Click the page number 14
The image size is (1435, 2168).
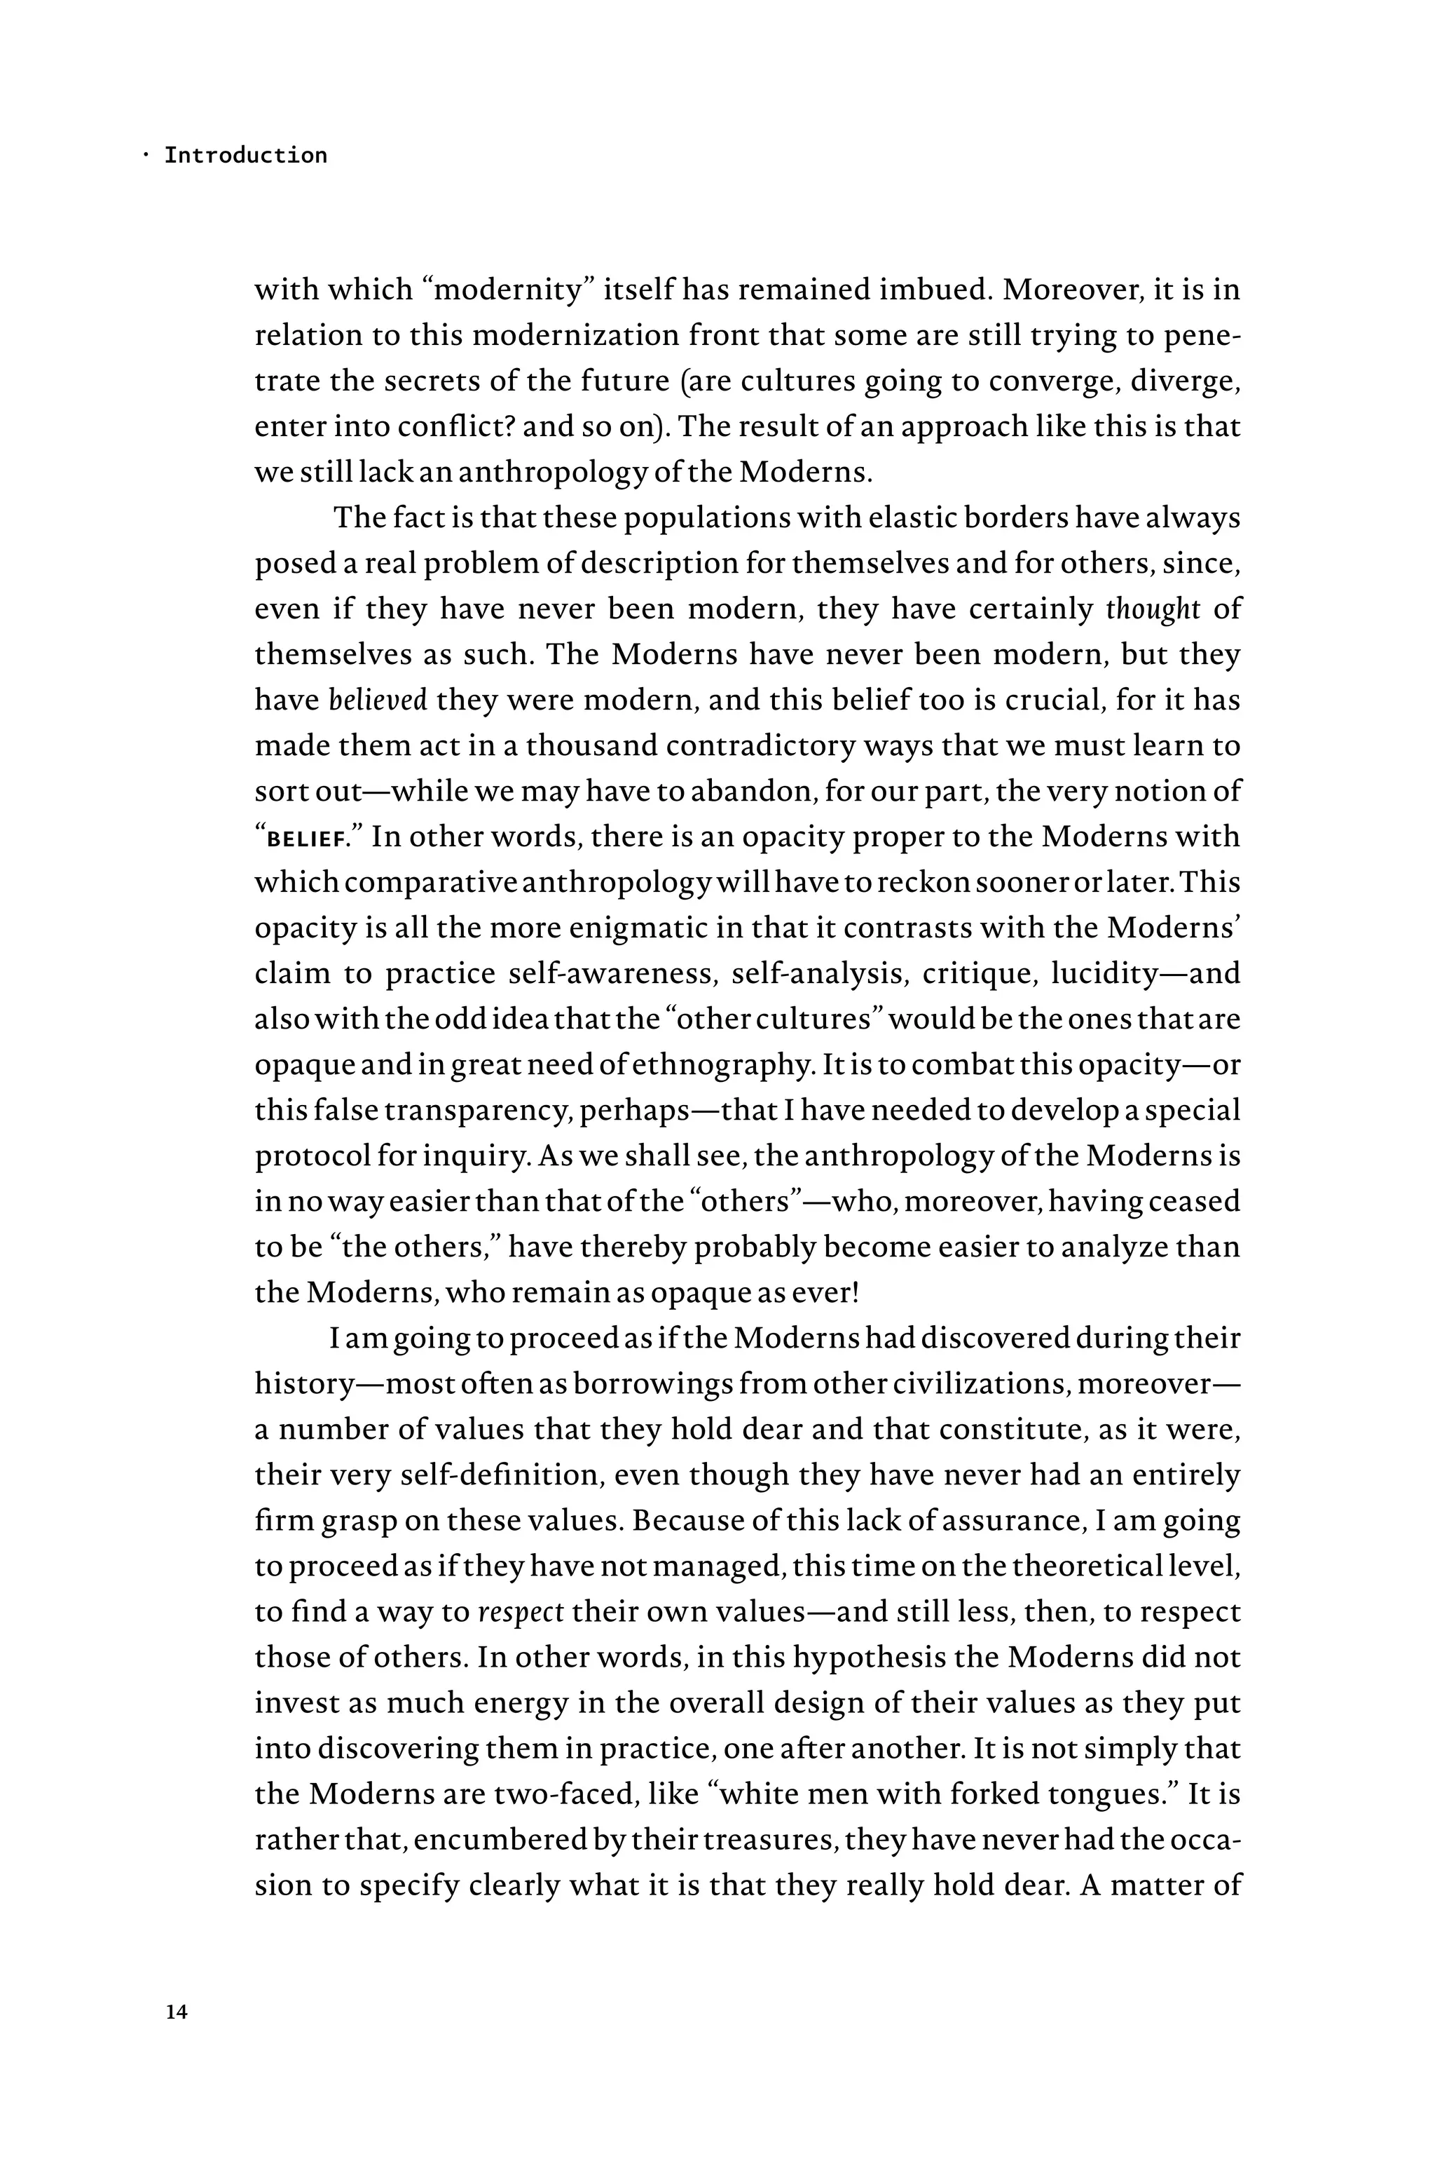click(177, 2012)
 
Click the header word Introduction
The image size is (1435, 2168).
click(245, 155)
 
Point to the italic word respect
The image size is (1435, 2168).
click(521, 1612)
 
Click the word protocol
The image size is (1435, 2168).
click(311, 1156)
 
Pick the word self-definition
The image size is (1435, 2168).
click(502, 1476)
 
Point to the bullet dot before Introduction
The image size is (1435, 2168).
click(146, 155)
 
